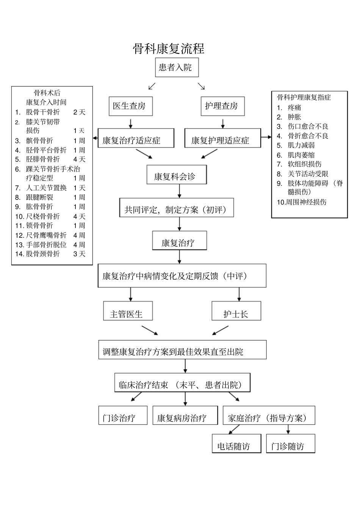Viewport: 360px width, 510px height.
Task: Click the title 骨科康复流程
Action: (x=169, y=49)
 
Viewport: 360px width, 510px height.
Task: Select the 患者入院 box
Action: (x=176, y=67)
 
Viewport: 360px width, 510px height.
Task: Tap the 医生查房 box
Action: (x=130, y=106)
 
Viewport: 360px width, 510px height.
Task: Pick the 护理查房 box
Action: (x=222, y=106)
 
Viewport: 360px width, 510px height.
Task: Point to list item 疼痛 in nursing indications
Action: (x=294, y=108)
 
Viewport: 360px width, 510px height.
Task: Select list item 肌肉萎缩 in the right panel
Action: (x=301, y=155)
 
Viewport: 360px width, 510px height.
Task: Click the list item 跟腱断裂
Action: (x=39, y=197)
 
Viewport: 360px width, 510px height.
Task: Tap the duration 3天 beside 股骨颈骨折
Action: (x=79, y=254)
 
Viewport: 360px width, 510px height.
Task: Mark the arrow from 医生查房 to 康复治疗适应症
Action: (x=130, y=123)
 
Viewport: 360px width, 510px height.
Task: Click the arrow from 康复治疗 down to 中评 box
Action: (x=180, y=257)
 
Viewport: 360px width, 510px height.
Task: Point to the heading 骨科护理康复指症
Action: (x=304, y=97)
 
